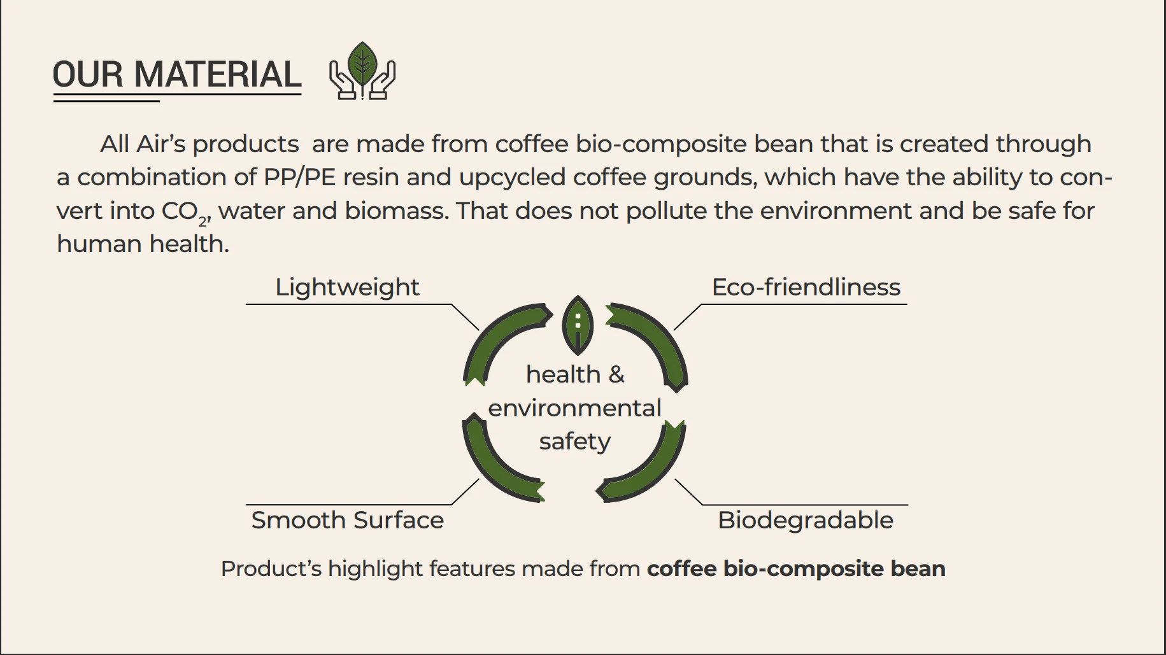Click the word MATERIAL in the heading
tap(218, 74)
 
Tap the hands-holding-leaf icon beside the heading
tap(362, 71)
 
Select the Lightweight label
tap(347, 288)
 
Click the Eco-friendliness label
tap(806, 287)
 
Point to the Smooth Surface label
tap(347, 520)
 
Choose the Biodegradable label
tap(806, 521)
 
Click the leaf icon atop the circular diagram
tap(578, 325)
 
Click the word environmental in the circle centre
tap(575, 408)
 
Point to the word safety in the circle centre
tap(575, 441)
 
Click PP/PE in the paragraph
tap(299, 177)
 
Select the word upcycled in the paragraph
tap(512, 178)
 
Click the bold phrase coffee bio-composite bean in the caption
tap(796, 568)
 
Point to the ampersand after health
tap(616, 374)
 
